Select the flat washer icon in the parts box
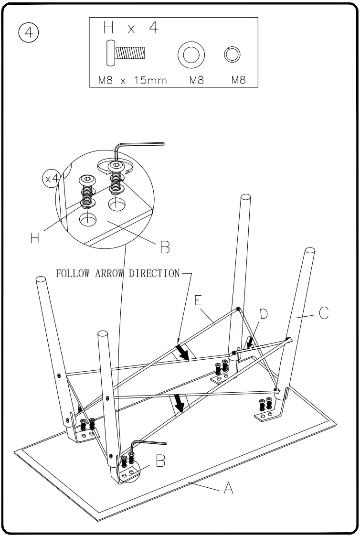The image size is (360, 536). click(191, 54)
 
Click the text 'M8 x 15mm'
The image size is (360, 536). click(132, 80)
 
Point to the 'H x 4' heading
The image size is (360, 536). click(130, 28)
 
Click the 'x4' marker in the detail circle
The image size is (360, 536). click(51, 179)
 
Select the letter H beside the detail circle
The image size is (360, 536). click(34, 237)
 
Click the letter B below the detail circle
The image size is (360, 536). click(164, 247)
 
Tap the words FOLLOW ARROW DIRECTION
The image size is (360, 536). click(118, 274)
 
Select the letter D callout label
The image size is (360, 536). click(263, 314)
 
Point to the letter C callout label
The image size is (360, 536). click(323, 313)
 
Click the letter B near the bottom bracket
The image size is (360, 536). click(160, 461)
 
